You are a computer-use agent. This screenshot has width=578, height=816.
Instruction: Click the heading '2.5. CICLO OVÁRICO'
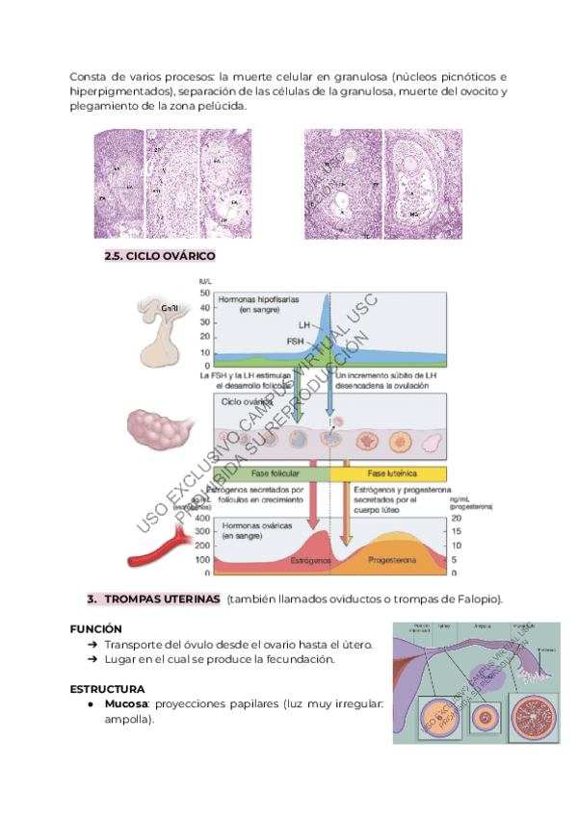click(159, 256)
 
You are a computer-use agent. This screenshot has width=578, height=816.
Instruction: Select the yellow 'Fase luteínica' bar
click(390, 474)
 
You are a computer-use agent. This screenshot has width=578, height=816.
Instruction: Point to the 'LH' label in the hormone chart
click(303, 327)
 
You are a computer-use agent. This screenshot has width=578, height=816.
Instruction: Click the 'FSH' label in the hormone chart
click(298, 342)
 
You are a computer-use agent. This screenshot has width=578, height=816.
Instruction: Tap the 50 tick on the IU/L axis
click(204, 293)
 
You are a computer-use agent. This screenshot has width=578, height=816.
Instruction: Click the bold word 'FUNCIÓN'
click(95, 627)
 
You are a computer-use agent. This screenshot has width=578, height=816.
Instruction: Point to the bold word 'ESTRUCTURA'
click(107, 689)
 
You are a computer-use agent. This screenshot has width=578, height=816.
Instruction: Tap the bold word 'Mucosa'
click(126, 704)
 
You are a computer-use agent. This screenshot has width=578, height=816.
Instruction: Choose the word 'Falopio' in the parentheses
click(476, 599)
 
